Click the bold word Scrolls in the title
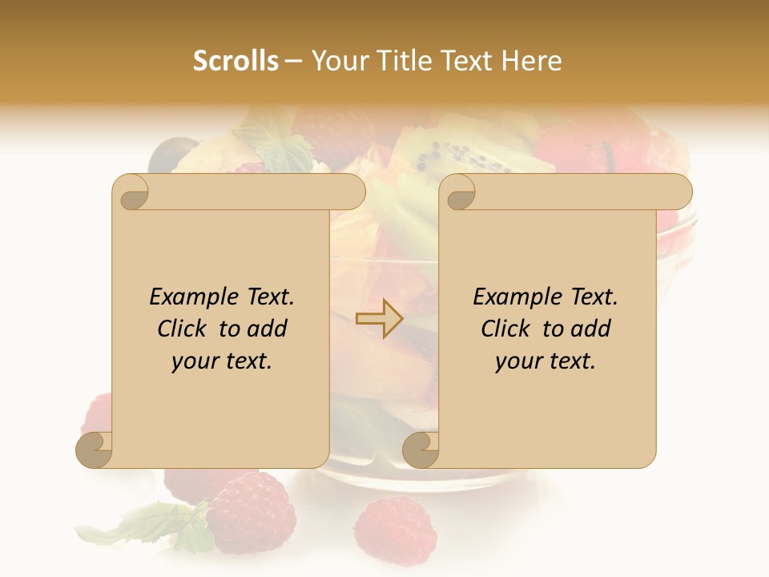click(x=236, y=61)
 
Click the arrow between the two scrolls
click(x=380, y=318)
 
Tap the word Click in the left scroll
click(x=185, y=329)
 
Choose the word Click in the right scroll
click(x=509, y=329)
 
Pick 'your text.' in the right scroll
click(x=546, y=361)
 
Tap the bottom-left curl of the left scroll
click(x=95, y=450)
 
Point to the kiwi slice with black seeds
click(x=465, y=156)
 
